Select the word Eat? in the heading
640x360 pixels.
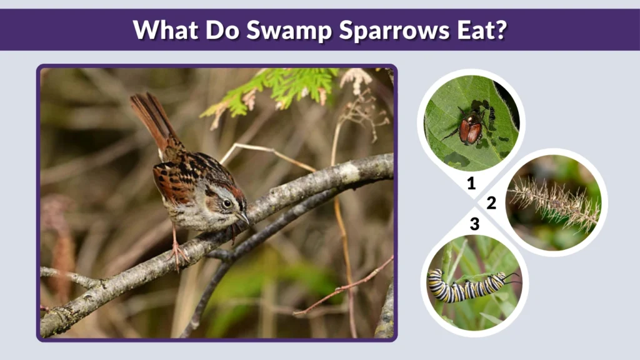click(477, 29)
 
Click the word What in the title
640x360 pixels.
click(162, 29)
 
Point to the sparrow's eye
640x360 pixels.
click(227, 202)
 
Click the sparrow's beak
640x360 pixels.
click(244, 218)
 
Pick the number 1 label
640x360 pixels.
click(471, 183)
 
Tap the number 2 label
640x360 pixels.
click(491, 203)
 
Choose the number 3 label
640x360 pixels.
click(474, 224)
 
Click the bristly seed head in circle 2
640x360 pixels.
click(553, 202)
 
